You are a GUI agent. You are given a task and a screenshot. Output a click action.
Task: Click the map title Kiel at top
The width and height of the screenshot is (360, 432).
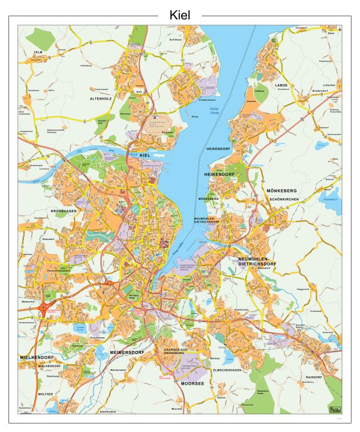180,15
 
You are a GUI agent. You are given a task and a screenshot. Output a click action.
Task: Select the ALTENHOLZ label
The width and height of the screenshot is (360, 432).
101,97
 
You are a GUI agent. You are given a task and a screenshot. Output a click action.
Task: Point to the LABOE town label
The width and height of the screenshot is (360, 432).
281,85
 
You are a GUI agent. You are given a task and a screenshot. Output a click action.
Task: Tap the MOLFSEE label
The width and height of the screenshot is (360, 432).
46,394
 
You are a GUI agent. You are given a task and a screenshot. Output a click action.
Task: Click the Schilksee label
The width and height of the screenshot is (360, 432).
175,39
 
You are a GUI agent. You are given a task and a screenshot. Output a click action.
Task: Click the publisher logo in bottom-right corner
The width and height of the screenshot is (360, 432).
333,409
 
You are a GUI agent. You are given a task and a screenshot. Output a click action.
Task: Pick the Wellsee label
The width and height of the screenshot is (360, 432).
215,359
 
